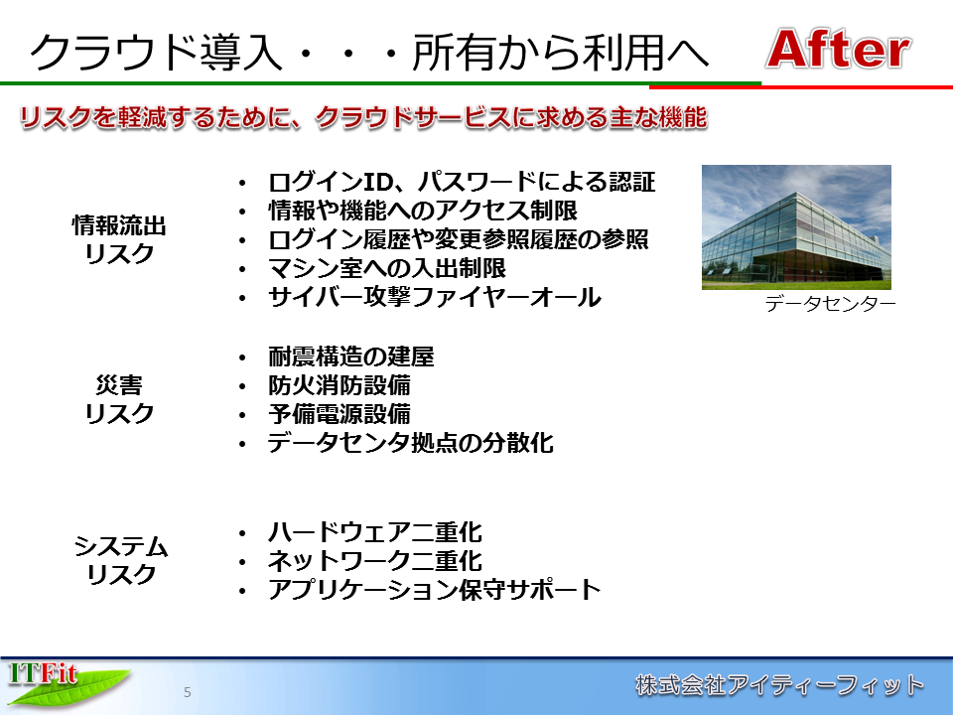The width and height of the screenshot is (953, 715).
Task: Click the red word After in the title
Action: (x=838, y=49)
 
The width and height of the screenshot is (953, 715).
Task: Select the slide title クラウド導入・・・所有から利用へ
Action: (x=369, y=53)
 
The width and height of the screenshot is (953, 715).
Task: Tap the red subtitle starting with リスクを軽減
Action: (x=363, y=117)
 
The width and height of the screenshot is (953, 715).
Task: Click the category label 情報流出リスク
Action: (x=119, y=239)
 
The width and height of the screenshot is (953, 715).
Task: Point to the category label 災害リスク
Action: (x=119, y=399)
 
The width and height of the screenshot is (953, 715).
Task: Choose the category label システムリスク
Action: (x=120, y=560)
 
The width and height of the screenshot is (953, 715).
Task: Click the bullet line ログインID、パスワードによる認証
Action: (x=462, y=182)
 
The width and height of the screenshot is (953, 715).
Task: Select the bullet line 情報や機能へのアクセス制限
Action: (x=423, y=211)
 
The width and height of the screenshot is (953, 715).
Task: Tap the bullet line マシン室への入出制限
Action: (x=387, y=268)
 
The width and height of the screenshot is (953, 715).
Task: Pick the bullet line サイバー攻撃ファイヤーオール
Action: (x=435, y=297)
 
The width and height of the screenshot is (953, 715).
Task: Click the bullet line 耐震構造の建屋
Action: (x=351, y=357)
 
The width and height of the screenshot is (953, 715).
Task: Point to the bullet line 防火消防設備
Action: (x=340, y=385)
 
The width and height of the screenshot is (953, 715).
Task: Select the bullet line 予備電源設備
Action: (x=340, y=414)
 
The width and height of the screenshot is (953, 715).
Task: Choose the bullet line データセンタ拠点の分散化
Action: (x=411, y=443)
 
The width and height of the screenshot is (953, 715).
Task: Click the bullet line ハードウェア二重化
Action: (x=375, y=532)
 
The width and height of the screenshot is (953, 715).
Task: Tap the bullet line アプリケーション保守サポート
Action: (x=435, y=589)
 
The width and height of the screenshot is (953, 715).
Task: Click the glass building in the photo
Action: (x=795, y=238)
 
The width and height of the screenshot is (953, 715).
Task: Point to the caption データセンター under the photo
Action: (x=830, y=304)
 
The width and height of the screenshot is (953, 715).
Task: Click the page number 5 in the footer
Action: (x=188, y=692)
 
